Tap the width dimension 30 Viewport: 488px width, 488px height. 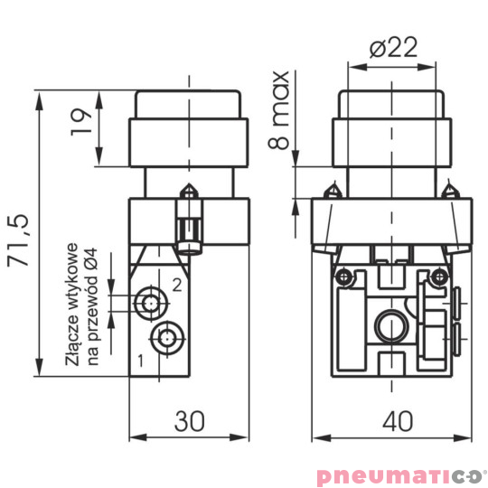[x=188, y=421]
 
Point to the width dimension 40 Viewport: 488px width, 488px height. [x=391, y=421]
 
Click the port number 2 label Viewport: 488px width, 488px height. [x=178, y=285]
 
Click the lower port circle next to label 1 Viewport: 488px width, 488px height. [x=164, y=339]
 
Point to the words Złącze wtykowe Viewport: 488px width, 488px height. [x=73, y=308]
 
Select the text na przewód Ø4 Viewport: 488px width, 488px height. [x=91, y=308]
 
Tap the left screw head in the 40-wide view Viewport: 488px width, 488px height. [x=343, y=277]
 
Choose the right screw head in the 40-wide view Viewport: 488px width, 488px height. [x=439, y=277]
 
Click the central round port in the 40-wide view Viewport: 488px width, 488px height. [x=391, y=324]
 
